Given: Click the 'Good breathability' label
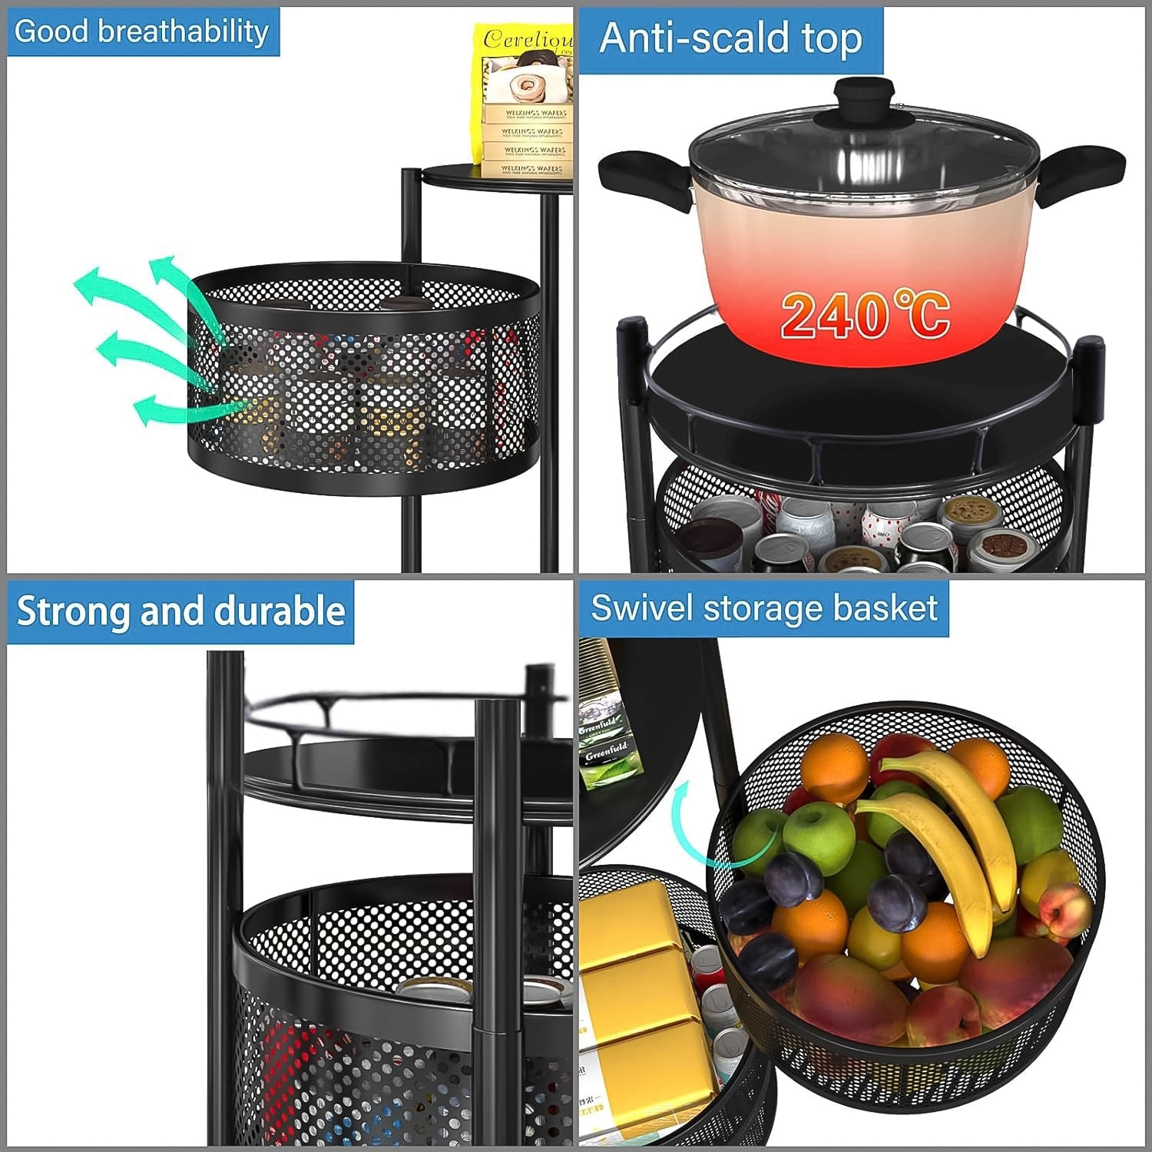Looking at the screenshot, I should (142, 32).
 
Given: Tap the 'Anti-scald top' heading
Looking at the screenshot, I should (730, 38).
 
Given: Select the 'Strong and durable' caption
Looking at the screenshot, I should (180, 611).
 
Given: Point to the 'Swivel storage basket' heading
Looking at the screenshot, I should (763, 608).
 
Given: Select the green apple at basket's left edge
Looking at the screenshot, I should (756, 841).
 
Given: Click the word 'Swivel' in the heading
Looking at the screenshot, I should (642, 608).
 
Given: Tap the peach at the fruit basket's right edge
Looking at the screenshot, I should (1064, 914).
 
